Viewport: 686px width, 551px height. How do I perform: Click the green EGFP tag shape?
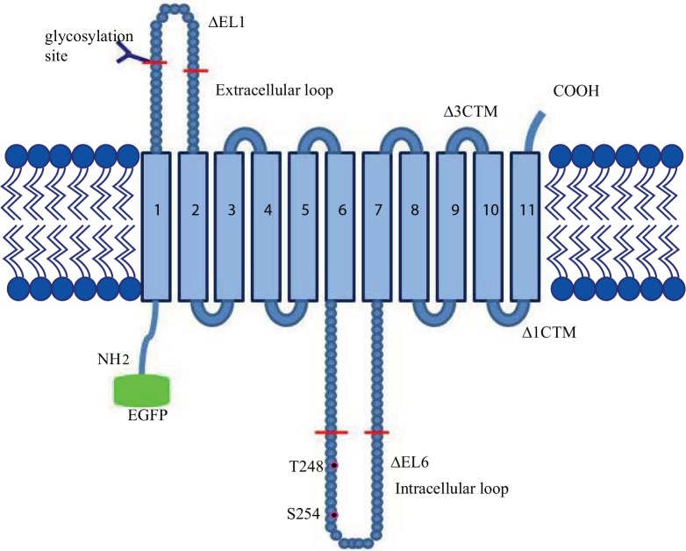coord(142,390)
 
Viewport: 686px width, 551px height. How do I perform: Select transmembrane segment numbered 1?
coord(156,226)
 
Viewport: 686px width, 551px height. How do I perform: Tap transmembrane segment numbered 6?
coord(340,226)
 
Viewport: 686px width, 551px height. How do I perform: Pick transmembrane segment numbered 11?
coord(525,226)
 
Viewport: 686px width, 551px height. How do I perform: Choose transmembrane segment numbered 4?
coord(267,226)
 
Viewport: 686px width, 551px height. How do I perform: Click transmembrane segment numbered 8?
coord(414,226)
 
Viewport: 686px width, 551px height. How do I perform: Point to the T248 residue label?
coord(304,468)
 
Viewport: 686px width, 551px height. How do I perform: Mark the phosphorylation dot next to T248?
coord(334,467)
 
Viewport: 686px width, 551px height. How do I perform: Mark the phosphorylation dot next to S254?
coord(334,515)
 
